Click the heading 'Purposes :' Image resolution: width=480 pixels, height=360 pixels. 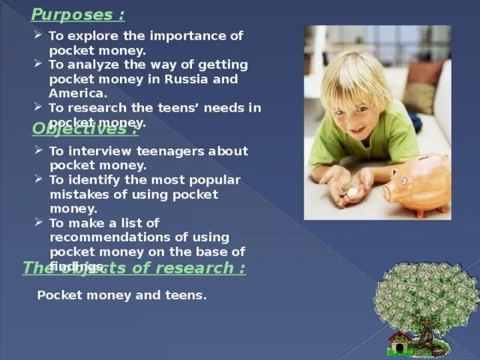click(x=78, y=15)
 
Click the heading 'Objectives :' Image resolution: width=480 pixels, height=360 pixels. click(x=84, y=129)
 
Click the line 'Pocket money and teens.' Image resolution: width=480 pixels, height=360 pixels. click(x=121, y=295)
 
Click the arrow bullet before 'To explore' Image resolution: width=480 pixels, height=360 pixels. click(x=38, y=35)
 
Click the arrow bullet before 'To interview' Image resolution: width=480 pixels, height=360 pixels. click(x=38, y=150)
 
